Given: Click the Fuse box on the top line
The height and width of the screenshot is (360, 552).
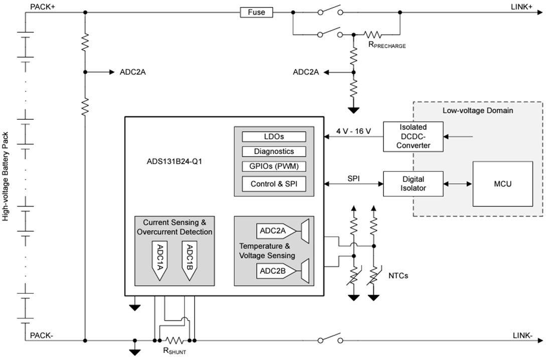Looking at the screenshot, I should pos(256,12).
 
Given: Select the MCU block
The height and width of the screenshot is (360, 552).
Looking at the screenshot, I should pos(502,184).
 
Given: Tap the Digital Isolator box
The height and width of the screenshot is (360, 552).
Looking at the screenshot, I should pos(413,184).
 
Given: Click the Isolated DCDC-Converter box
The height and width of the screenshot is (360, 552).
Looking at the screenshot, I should pos(413,136).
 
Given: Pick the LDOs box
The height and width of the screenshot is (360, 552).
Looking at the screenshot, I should pos(274,136).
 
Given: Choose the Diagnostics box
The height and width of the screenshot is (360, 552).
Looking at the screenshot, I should pos(274,151).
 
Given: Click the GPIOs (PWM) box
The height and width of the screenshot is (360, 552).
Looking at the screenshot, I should pos(274,166).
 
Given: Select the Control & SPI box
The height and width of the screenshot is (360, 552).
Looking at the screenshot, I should pos(274,184).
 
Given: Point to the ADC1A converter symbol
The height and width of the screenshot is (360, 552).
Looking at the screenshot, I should pos(159,259).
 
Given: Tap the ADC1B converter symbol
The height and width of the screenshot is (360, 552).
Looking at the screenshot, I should pos(189,259).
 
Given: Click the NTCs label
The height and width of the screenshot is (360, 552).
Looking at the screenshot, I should pos(398,276).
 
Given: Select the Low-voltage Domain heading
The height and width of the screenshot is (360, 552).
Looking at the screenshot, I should pos(477,110).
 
